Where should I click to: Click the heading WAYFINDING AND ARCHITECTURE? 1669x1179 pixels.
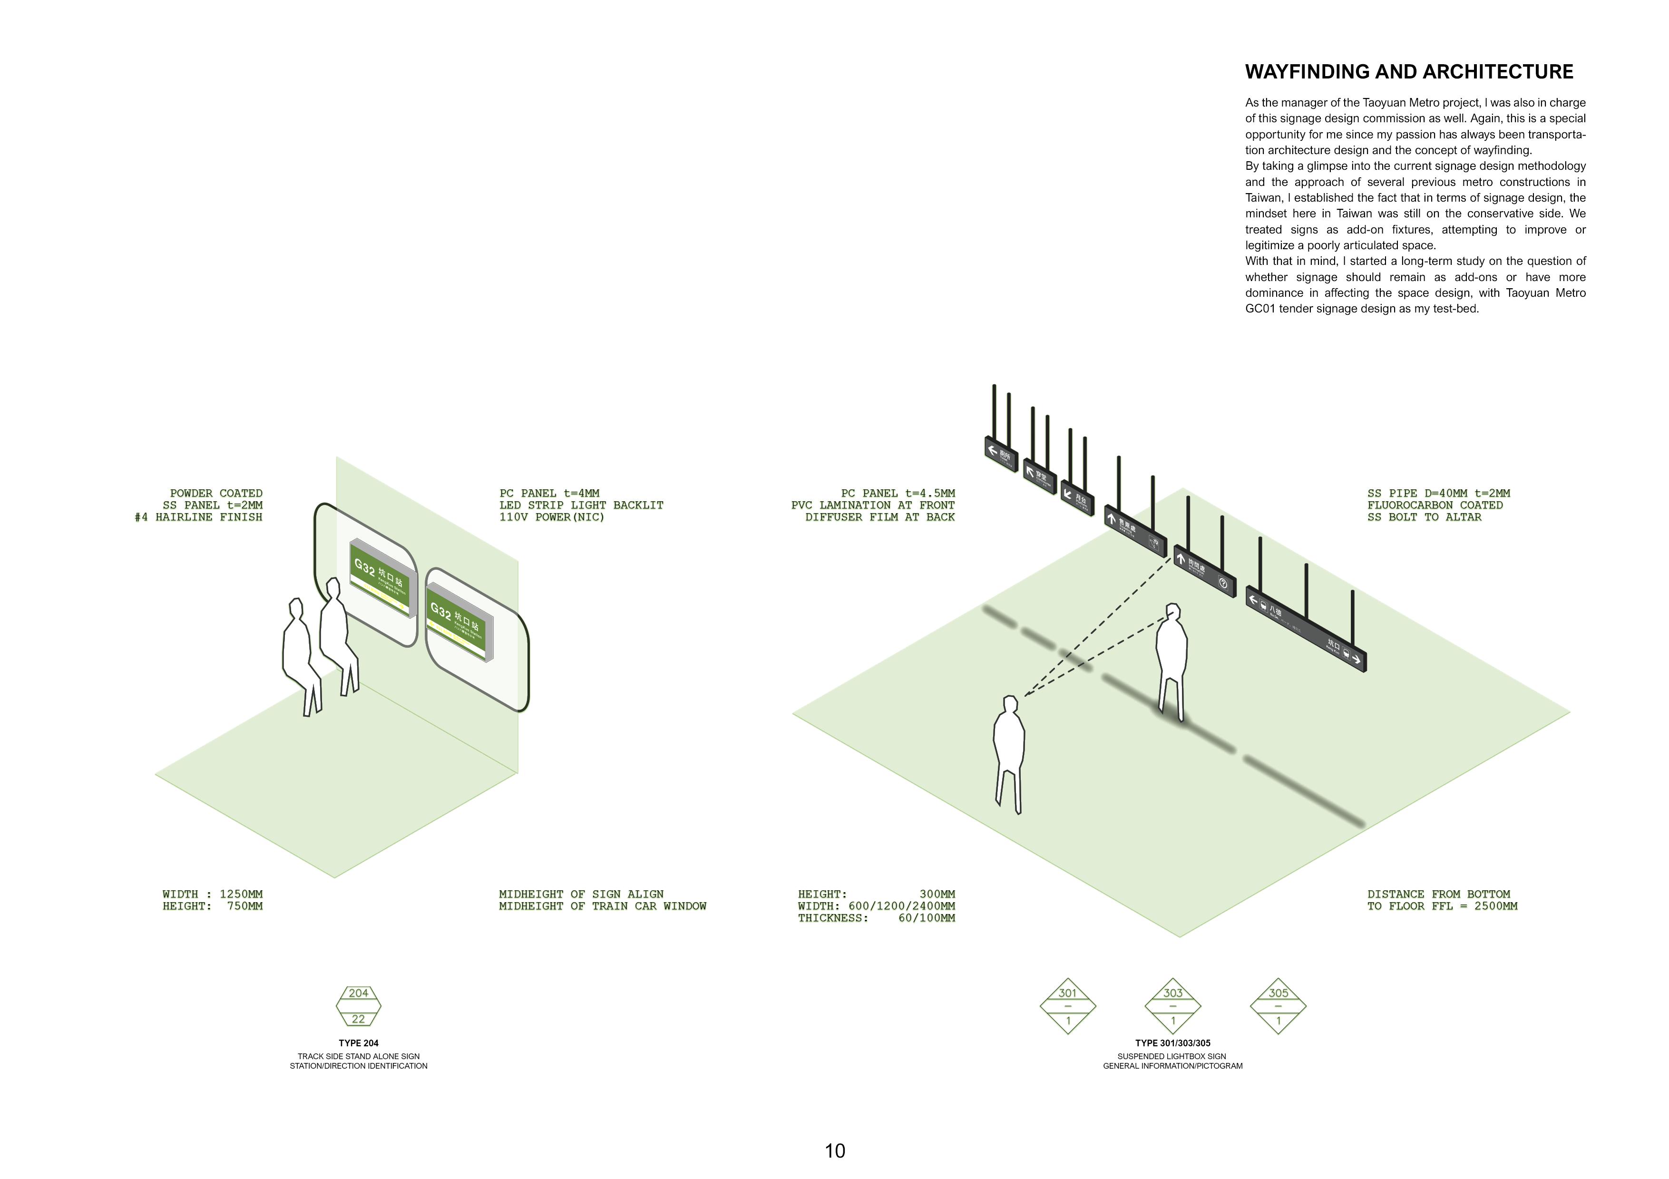pyautogui.click(x=1409, y=72)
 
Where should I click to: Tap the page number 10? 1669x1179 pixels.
pyautogui.click(x=834, y=1150)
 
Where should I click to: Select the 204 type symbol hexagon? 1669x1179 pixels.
pyautogui.click(x=358, y=1006)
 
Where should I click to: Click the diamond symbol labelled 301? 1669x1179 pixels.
pyautogui.click(x=1068, y=1006)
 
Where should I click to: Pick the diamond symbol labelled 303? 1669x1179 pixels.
pyautogui.click(x=1172, y=1006)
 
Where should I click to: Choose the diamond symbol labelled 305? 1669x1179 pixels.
pyautogui.click(x=1278, y=1006)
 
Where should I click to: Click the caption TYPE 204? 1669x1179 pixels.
pyautogui.click(x=358, y=1043)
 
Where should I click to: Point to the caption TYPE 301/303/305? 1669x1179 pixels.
pyautogui.click(x=1172, y=1043)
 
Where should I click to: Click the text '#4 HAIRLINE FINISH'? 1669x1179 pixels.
pyautogui.click(x=198, y=517)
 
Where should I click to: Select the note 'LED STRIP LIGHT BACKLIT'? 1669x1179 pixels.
pyautogui.click(x=581, y=505)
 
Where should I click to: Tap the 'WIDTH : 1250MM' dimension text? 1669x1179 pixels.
pyautogui.click(x=212, y=894)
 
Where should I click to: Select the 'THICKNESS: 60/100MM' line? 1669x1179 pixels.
pyautogui.click(x=876, y=918)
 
